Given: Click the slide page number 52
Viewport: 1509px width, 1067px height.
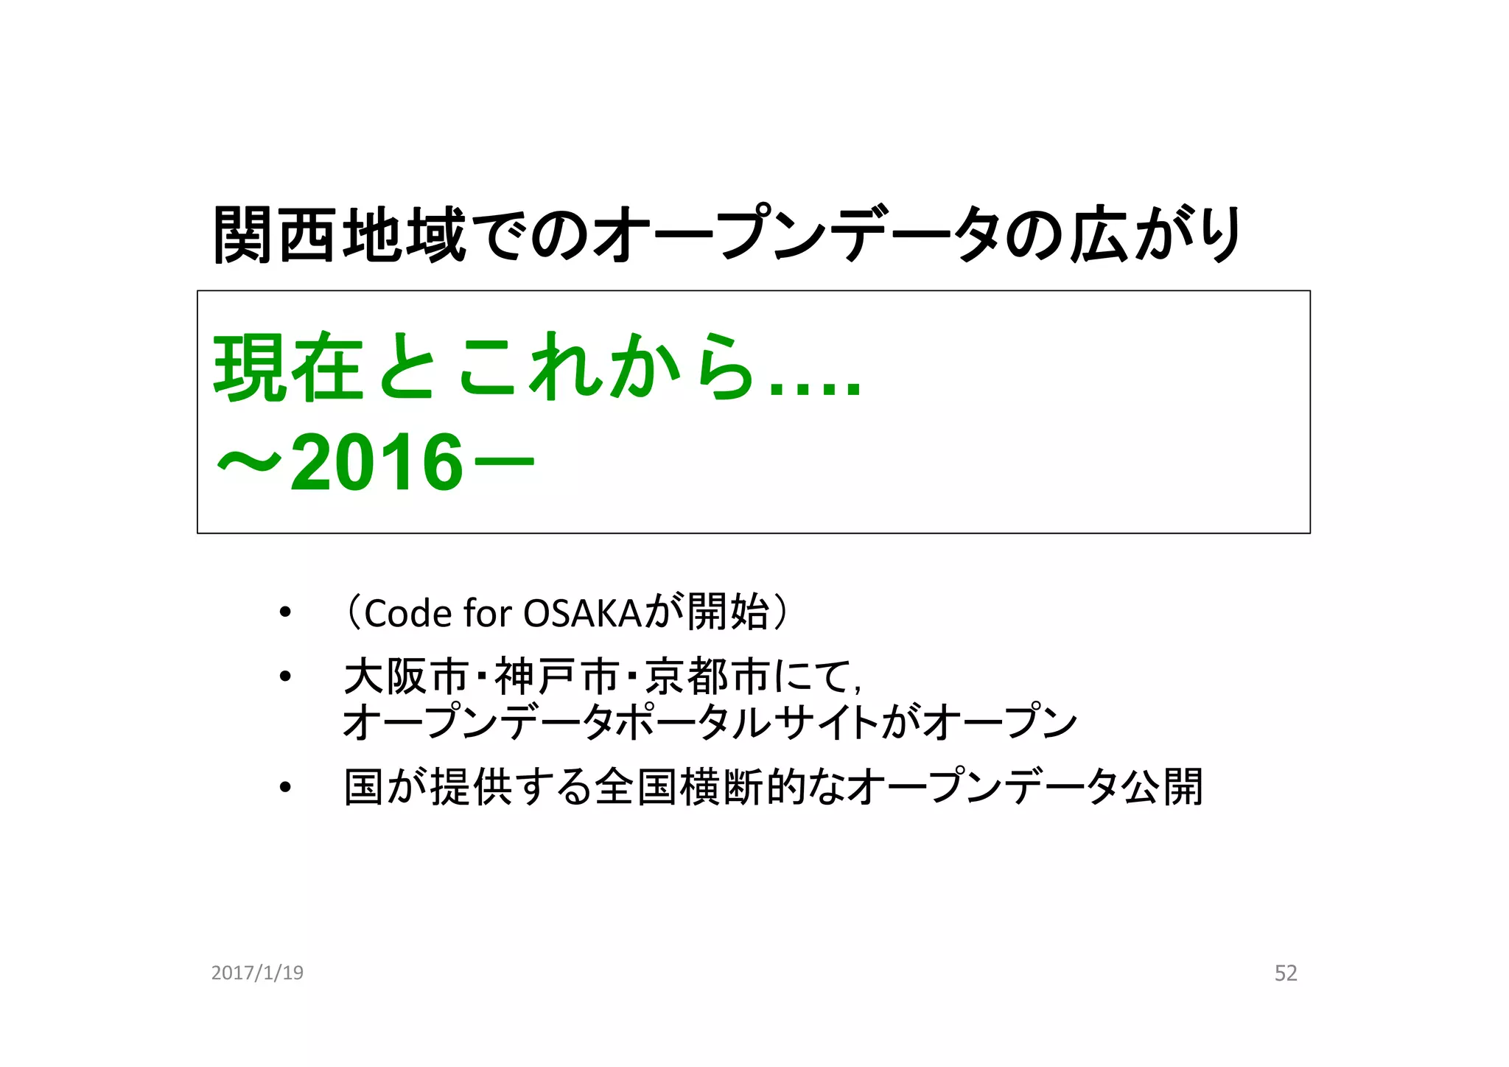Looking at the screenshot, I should point(1285,973).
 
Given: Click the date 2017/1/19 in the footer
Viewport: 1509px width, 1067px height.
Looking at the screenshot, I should point(257,973).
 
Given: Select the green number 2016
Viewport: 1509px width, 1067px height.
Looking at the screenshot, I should point(377,463).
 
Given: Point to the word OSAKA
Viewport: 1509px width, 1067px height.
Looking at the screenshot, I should point(581,613).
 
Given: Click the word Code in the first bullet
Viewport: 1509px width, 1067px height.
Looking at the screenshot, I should point(407,613).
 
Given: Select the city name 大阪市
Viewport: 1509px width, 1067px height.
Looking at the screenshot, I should point(406,676).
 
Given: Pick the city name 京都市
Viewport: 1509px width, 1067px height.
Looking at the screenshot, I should point(707,676).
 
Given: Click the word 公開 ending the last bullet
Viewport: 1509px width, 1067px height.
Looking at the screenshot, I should point(1162,787).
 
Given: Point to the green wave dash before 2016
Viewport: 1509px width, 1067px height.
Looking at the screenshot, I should point(249,463).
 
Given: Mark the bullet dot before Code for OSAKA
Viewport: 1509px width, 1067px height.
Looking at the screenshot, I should point(285,613).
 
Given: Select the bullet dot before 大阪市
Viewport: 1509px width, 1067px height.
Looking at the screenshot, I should point(285,676).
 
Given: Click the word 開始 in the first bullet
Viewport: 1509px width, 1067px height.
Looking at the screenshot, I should point(728,612).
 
